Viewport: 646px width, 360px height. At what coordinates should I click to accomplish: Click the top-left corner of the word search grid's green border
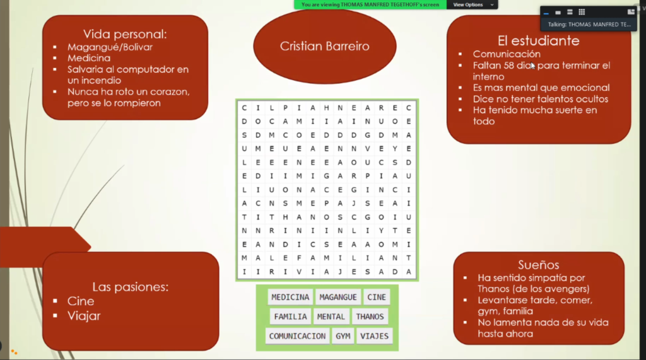click(x=236, y=99)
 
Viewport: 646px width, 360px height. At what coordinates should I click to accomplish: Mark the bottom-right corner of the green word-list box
click(x=399, y=351)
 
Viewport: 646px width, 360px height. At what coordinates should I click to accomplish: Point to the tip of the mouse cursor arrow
click(x=531, y=62)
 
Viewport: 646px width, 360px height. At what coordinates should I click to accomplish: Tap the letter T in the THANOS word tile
click(x=358, y=316)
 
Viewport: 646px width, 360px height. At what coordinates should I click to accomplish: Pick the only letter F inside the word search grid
click(x=299, y=258)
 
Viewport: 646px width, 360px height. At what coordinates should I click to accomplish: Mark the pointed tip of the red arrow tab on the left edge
click(x=91, y=247)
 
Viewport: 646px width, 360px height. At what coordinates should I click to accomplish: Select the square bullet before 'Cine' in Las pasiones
click(x=56, y=301)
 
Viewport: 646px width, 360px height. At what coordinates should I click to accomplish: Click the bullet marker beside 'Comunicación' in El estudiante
click(x=460, y=54)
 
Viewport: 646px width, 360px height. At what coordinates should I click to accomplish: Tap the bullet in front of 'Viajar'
click(x=56, y=316)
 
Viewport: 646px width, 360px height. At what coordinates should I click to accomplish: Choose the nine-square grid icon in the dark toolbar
click(x=582, y=12)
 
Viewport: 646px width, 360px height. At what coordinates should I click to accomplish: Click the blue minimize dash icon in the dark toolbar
click(x=546, y=13)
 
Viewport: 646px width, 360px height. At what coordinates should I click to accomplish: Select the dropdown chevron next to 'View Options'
click(x=492, y=5)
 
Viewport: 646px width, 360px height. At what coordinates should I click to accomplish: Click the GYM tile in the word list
click(x=343, y=336)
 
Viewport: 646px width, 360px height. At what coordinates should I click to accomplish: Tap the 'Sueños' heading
click(x=539, y=265)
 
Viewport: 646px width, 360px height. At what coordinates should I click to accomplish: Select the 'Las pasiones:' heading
click(x=130, y=287)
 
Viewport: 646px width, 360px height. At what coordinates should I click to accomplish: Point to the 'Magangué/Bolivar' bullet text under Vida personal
click(x=110, y=47)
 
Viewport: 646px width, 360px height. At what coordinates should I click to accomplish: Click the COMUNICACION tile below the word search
click(x=297, y=336)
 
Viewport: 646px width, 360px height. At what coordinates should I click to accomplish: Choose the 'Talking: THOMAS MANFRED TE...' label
click(x=589, y=25)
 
